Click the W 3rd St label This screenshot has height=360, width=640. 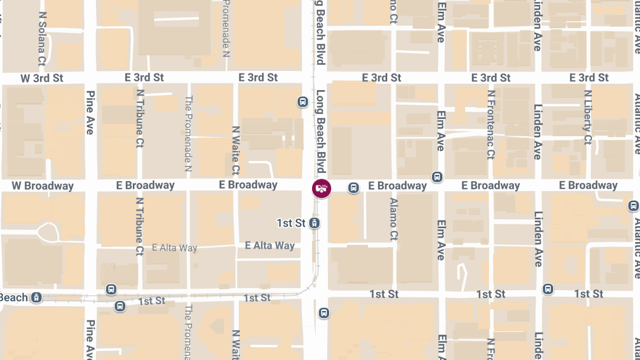pyautogui.click(x=42, y=78)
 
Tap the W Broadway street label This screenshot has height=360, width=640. pyautogui.click(x=43, y=186)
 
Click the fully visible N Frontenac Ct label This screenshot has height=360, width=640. pyautogui.click(x=491, y=125)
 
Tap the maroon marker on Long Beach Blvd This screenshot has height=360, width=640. pyautogui.click(x=322, y=188)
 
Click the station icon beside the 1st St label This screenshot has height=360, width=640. pyautogui.click(x=315, y=222)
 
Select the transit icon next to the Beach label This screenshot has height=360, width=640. pyautogui.click(x=36, y=297)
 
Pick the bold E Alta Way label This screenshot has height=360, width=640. pyautogui.click(x=270, y=246)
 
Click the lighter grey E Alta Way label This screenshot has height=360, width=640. pyautogui.click(x=174, y=247)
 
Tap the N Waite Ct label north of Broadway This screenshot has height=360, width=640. pyautogui.click(x=236, y=150)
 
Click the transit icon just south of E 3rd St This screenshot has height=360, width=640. pyautogui.click(x=302, y=101)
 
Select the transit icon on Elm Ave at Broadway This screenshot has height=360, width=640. pyautogui.click(x=437, y=177)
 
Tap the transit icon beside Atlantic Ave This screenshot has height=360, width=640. pyautogui.click(x=633, y=205)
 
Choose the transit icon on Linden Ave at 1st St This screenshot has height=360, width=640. pyautogui.click(x=548, y=289)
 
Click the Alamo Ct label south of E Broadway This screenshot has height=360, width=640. pyautogui.click(x=394, y=219)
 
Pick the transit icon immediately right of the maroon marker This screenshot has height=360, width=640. pyautogui.click(x=353, y=188)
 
